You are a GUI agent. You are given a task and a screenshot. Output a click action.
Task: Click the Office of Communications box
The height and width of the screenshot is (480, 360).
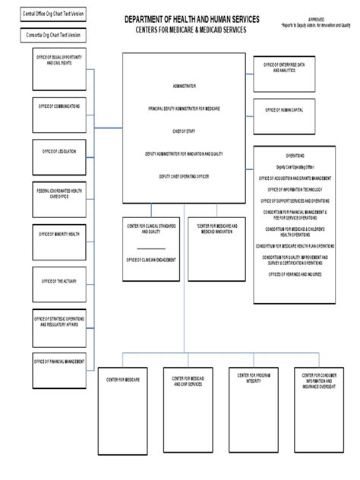tap(59, 114)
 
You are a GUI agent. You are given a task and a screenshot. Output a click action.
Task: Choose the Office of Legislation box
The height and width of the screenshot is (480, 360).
tap(59, 157)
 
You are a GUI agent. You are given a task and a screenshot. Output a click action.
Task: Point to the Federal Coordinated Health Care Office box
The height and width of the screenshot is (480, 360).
tap(59, 199)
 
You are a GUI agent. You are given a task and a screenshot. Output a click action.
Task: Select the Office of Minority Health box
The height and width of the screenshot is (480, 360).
tap(59, 242)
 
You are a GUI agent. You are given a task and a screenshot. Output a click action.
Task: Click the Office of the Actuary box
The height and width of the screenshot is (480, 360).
tap(59, 285)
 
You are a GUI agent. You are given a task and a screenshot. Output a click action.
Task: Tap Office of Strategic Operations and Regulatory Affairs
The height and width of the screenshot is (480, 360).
tap(59, 327)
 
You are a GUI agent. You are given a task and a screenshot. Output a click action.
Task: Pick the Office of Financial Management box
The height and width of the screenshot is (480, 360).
tap(59, 370)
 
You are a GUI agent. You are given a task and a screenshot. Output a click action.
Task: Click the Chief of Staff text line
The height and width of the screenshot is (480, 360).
tap(184, 131)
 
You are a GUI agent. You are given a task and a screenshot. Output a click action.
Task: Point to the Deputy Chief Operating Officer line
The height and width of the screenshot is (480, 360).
tap(184, 175)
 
